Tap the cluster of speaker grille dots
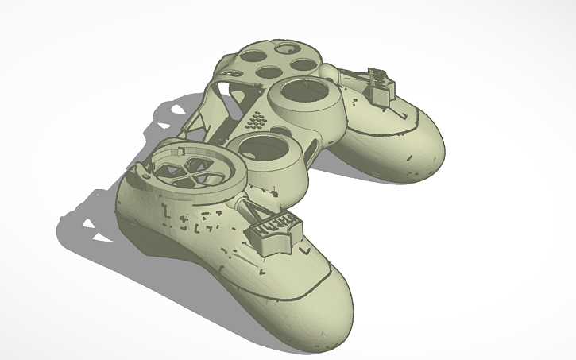coord(256,122)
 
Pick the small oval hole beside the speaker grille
coord(282,131)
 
